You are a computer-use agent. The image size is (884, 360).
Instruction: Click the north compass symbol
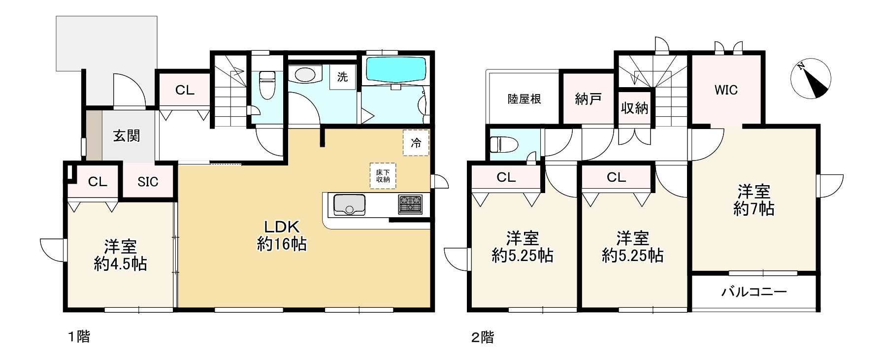click(811, 79)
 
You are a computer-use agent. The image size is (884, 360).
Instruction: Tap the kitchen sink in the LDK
click(349, 204)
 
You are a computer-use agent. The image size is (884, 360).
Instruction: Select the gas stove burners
click(410, 204)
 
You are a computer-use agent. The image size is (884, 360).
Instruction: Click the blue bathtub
click(396, 69)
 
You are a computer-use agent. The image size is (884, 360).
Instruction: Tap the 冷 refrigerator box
click(416, 143)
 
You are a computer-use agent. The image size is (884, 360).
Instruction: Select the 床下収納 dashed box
click(383, 176)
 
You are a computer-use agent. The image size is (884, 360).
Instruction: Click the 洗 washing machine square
click(342, 77)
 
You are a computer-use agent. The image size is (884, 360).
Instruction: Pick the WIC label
click(726, 90)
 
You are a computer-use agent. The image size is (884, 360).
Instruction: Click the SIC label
click(148, 182)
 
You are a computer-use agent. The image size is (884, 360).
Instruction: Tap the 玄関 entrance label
click(127, 136)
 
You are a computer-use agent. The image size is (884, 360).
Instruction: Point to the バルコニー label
click(754, 292)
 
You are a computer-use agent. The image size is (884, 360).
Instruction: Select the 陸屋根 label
click(524, 99)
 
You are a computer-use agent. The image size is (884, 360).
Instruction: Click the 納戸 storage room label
click(588, 99)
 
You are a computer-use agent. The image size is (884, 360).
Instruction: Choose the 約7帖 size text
click(753, 209)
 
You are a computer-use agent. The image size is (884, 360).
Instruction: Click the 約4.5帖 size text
click(121, 264)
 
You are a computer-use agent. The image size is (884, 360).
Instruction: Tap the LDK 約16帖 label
click(282, 235)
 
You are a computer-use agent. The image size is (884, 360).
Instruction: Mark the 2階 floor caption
click(482, 338)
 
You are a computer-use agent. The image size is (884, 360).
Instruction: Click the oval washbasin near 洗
click(305, 75)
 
